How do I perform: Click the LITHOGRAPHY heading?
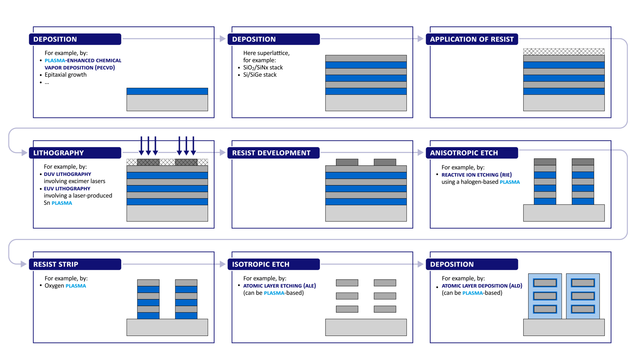(x=59, y=153)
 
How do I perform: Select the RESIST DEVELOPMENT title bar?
(x=274, y=153)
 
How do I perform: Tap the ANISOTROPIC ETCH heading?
(x=464, y=153)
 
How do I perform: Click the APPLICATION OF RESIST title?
(x=472, y=39)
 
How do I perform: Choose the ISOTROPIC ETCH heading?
(x=260, y=264)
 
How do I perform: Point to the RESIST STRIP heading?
(x=56, y=264)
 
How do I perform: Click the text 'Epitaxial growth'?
(x=66, y=75)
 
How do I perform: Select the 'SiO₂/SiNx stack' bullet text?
(x=263, y=68)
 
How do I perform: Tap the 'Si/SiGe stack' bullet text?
(x=260, y=75)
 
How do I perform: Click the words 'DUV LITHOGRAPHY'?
(x=68, y=174)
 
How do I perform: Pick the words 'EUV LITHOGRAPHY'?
(x=67, y=188)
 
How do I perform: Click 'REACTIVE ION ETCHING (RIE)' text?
(x=476, y=175)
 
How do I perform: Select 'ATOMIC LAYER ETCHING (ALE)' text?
(x=279, y=286)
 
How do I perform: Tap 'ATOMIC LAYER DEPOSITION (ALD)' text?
(x=482, y=286)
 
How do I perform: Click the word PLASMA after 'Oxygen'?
(x=76, y=286)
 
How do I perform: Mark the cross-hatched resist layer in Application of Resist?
(x=564, y=52)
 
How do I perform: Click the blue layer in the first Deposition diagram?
(x=167, y=91)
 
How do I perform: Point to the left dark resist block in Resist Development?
(x=347, y=162)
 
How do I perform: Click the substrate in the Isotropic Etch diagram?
(x=366, y=327)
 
